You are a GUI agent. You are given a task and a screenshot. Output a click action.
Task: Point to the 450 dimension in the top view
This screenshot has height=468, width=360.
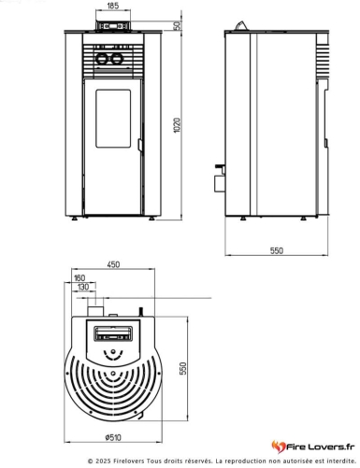[113, 265]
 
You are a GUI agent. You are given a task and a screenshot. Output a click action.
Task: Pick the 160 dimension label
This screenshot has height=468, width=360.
[79, 277]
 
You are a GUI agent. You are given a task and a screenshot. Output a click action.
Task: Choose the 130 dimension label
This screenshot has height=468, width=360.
[83, 287]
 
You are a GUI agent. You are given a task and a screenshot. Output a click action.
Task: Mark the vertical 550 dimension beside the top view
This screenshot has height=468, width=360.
[195, 368]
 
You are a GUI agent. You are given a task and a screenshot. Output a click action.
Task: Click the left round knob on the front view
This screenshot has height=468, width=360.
[105, 59]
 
